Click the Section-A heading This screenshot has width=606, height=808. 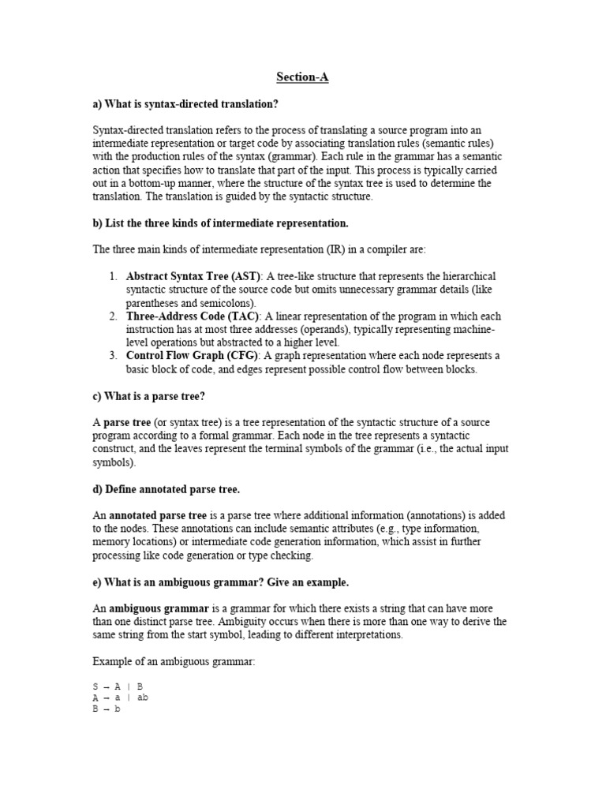[303, 77]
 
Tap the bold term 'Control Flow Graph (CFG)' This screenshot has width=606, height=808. [190, 356]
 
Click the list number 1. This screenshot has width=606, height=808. [114, 276]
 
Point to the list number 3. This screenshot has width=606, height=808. [114, 356]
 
